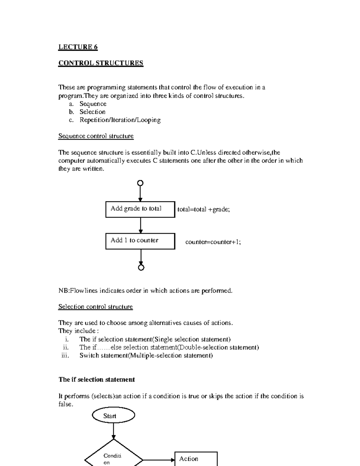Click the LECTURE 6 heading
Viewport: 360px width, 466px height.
pyautogui.click(x=78, y=47)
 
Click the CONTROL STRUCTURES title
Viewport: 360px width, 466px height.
pyautogui.click(x=101, y=63)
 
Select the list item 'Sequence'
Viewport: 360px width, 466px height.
pyautogui.click(x=93, y=104)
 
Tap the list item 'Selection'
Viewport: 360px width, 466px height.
pyautogui.click(x=92, y=112)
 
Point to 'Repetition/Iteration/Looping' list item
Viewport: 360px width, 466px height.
pyautogui.click(x=120, y=120)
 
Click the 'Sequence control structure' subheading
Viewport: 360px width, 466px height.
pyautogui.click(x=96, y=136)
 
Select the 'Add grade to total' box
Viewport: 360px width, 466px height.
pyautogui.click(x=140, y=209)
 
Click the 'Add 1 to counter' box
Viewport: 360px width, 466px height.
pyautogui.click(x=140, y=241)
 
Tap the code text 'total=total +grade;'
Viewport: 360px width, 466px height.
pyautogui.click(x=204, y=209)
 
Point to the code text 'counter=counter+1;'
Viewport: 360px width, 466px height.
pyautogui.click(x=213, y=242)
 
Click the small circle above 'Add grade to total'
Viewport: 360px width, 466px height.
pyautogui.click(x=140, y=183)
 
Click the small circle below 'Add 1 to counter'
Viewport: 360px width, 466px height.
pyautogui.click(x=141, y=267)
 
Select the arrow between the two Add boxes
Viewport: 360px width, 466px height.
pyautogui.click(x=140, y=225)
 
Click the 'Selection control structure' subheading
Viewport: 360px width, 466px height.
pyautogui.click(x=95, y=307)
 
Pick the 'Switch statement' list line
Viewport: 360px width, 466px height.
pyautogui.click(x=146, y=356)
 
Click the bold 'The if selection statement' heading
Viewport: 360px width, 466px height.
pyautogui.click(x=97, y=380)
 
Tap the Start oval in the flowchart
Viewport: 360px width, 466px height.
pyautogui.click(x=113, y=416)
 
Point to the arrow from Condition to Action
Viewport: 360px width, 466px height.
pyautogui.click(x=159, y=460)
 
